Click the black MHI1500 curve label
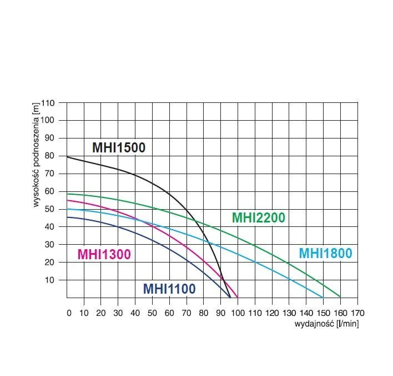point(118,148)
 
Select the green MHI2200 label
point(258,217)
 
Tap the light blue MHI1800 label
point(325,253)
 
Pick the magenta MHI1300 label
point(104,255)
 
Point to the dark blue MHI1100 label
point(169,289)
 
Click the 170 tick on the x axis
point(357,313)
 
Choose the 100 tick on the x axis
point(238,313)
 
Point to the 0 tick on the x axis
point(69,313)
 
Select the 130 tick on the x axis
point(289,313)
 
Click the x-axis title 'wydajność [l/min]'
point(326,324)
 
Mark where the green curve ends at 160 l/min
point(340,297)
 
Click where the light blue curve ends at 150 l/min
point(323,297)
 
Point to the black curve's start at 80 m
point(67,157)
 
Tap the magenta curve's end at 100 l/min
point(238,297)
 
